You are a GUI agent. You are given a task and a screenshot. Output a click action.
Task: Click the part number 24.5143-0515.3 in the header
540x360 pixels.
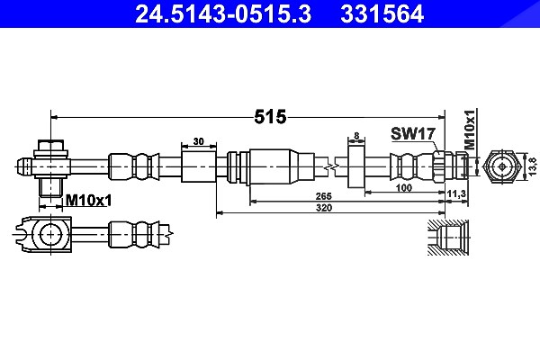[x=223, y=13]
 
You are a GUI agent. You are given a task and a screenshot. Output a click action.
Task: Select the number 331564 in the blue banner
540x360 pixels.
[x=382, y=13]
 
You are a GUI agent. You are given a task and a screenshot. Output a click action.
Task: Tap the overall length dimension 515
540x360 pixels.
[x=270, y=117]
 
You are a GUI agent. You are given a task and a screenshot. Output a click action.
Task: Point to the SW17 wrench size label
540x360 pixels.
[x=413, y=134]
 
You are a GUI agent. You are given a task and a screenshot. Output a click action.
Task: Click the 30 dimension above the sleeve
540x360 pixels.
[x=198, y=141]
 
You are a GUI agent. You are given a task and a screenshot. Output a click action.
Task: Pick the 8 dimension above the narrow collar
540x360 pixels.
[x=356, y=136]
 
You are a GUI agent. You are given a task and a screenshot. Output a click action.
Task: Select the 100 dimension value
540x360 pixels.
[x=404, y=188]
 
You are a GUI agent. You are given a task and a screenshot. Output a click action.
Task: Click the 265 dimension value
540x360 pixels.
[x=324, y=196]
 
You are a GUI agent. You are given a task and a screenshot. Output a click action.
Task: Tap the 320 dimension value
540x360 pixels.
[x=324, y=208]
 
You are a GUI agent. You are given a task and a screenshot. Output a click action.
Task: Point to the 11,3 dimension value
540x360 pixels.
[x=456, y=194]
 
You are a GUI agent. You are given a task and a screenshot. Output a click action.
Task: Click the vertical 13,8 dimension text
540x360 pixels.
[x=533, y=166]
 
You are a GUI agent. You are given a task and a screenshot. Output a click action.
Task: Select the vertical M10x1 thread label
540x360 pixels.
[x=470, y=130]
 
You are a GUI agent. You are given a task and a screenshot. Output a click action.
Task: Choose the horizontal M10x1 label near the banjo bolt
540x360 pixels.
[x=88, y=200]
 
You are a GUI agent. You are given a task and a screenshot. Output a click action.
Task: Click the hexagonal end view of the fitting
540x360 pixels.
[x=502, y=166]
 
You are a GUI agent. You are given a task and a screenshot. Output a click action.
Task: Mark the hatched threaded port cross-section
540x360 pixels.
[x=448, y=238]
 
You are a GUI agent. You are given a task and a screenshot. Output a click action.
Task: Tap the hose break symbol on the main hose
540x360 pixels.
[x=331, y=167]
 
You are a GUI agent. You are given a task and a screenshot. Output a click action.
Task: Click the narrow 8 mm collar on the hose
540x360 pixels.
[x=356, y=166]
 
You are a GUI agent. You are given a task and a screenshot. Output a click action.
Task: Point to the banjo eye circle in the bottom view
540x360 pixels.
[x=51, y=234]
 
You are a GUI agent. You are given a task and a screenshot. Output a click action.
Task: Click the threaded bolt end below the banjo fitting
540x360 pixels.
[x=50, y=187]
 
